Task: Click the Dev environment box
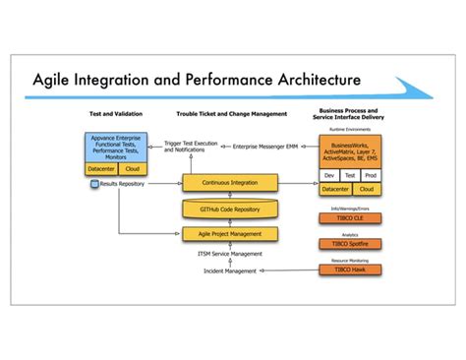pyautogui.click(x=329, y=175)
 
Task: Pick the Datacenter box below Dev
pyautogui.click(x=334, y=189)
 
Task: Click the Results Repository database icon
pyautogui.click(x=94, y=184)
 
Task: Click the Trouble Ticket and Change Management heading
pyautogui.click(x=230, y=114)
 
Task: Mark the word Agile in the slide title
pyautogui.click(x=61, y=78)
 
